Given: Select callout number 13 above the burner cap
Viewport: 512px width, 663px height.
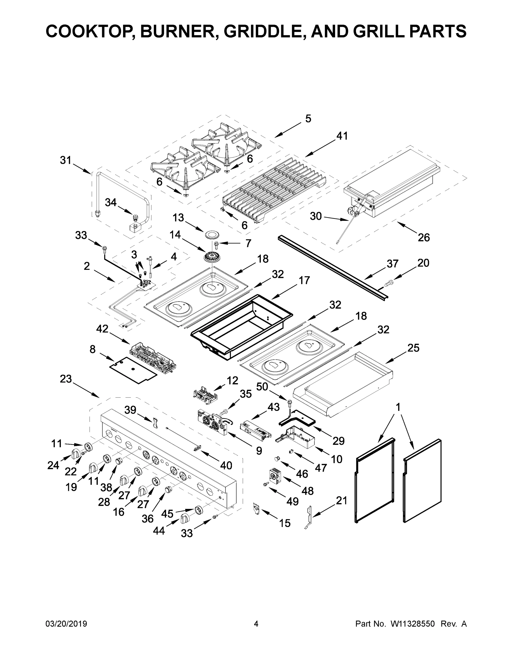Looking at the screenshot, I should click(x=178, y=217).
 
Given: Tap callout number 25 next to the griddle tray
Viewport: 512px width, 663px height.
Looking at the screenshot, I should click(x=413, y=348).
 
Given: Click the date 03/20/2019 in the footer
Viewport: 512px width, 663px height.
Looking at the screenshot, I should click(x=66, y=623).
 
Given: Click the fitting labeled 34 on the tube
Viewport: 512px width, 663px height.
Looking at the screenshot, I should click(x=135, y=217).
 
